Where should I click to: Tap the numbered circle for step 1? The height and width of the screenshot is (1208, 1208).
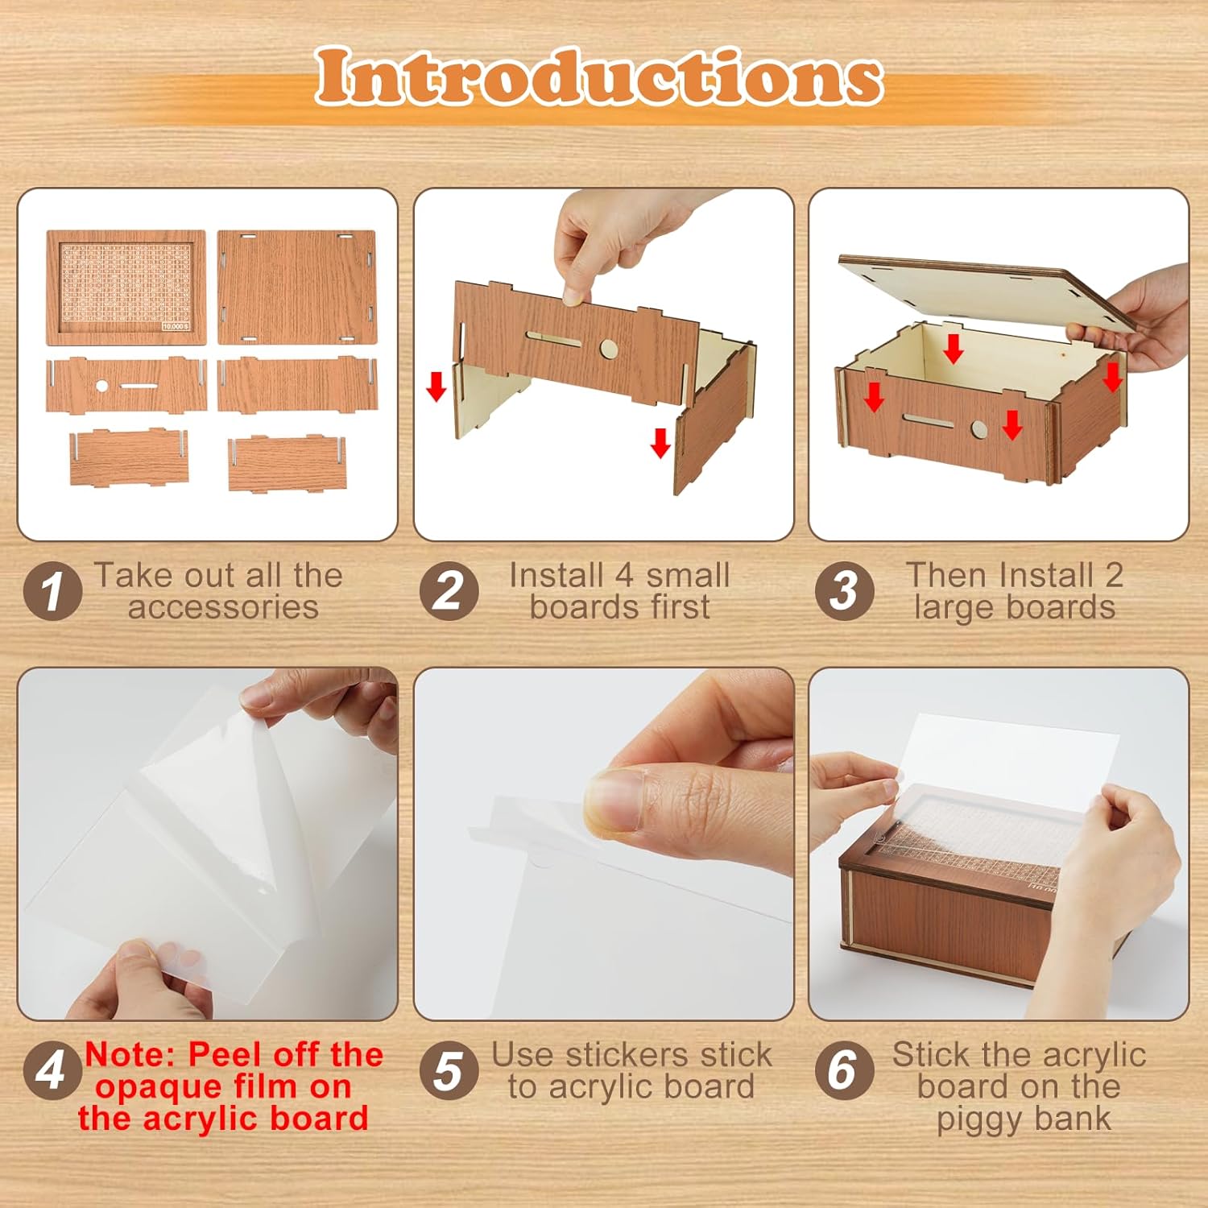(52, 591)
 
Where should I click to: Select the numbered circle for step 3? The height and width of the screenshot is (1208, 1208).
(843, 591)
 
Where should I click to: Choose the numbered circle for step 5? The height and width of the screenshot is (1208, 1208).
(449, 1070)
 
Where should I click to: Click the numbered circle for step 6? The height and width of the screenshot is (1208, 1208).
(843, 1070)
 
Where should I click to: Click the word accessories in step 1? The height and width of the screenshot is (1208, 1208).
(223, 608)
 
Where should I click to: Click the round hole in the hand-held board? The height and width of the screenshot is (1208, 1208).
(609, 349)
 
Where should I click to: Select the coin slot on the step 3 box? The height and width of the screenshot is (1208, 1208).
(928, 421)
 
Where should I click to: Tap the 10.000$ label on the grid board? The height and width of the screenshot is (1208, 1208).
(175, 327)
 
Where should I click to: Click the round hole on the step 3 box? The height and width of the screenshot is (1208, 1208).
(978, 429)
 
